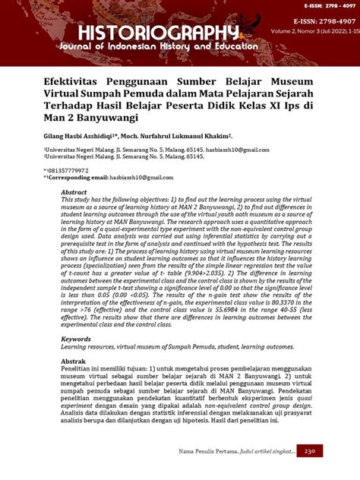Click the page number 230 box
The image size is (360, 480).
[x=309, y=450]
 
